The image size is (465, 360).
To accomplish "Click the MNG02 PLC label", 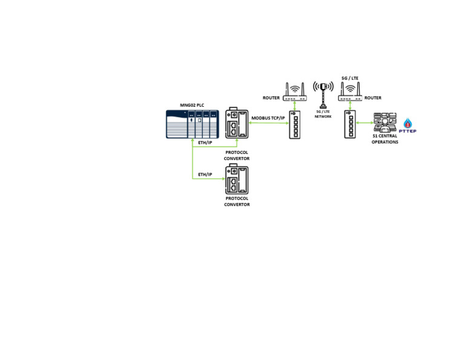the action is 192,105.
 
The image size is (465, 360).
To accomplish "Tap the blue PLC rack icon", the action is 193,124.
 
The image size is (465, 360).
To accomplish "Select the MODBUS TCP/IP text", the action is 268,118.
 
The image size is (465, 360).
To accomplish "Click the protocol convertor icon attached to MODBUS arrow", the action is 237,123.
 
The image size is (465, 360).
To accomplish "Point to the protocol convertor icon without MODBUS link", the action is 237,179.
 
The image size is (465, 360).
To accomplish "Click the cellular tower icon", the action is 323,95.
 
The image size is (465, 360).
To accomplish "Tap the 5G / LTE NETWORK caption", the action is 323,114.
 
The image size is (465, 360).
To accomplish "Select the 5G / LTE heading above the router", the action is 350,78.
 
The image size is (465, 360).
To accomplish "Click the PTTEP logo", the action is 407,125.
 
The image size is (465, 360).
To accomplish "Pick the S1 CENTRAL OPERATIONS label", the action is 385,139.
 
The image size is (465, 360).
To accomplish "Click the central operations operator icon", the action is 385,122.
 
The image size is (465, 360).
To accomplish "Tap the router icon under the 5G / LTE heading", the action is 350,92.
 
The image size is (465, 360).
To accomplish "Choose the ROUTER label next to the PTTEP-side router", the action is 373,98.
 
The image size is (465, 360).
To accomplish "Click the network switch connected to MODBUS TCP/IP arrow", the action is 295,125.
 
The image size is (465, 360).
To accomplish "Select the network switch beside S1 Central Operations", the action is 350,124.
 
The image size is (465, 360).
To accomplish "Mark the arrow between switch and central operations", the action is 364,122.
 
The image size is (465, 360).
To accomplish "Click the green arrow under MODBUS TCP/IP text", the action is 269,122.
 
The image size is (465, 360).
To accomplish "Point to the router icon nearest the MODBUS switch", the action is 295,92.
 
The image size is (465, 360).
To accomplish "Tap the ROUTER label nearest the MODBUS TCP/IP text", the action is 271,98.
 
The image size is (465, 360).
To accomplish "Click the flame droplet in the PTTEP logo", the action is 408,123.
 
